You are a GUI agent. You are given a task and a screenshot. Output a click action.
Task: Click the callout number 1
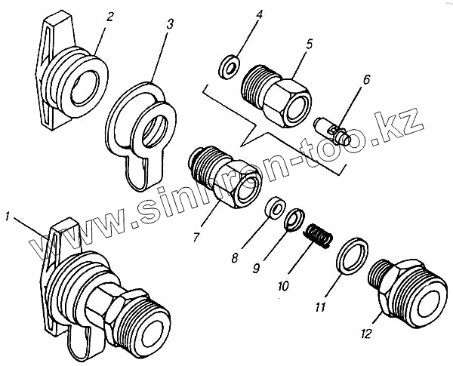click(7, 217)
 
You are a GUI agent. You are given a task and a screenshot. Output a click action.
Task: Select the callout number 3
click(170, 24)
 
